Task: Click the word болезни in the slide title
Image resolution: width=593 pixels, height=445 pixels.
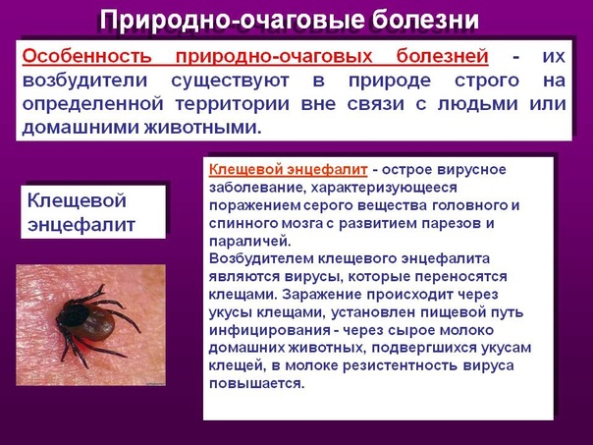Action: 425,20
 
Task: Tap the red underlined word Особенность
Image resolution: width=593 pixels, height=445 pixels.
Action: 86,56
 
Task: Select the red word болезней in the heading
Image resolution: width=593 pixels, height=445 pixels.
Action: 443,56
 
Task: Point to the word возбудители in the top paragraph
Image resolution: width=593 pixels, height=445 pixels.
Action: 84,81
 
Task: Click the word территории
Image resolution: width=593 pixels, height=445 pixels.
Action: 233,104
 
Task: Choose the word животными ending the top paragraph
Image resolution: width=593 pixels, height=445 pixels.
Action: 202,128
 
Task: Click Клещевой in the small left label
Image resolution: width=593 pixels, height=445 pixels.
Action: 77,200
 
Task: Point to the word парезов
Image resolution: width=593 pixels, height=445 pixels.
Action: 451,223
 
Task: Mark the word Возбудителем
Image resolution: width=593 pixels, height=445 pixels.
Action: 260,258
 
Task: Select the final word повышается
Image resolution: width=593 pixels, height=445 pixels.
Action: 257,384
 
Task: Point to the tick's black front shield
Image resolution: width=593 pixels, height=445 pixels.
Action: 74,315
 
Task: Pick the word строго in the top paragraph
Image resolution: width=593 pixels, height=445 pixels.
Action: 487,81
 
